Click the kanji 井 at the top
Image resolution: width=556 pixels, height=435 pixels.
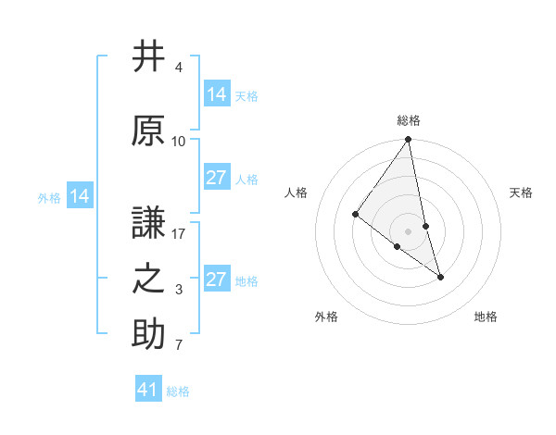148,56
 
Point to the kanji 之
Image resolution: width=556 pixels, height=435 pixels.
148,278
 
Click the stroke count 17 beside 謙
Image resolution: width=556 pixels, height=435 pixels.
179,234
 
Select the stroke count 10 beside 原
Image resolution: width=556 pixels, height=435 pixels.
179,142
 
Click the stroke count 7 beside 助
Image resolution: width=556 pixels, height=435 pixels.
179,346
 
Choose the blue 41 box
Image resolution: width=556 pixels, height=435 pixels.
148,390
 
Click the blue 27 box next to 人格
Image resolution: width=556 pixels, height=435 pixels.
216,178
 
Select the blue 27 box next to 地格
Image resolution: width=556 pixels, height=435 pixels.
216,280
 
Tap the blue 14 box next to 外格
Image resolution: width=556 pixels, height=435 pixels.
80,196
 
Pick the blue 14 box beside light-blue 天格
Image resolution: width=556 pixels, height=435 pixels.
216,94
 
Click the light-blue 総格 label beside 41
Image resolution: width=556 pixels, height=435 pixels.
178,391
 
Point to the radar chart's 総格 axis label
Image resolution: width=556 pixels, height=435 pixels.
408,120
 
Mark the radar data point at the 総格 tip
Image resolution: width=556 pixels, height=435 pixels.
408,140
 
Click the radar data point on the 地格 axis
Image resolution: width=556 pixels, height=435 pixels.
440,277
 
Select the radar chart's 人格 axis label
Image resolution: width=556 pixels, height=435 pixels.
297,193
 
